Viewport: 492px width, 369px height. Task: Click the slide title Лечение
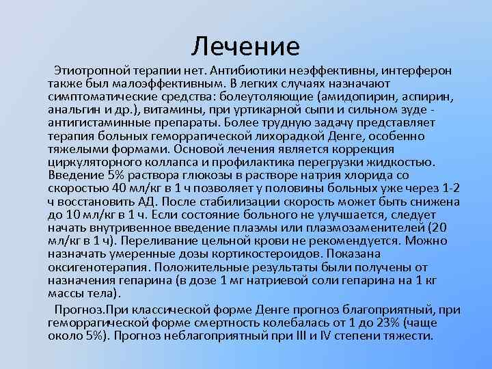(x=245, y=46)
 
